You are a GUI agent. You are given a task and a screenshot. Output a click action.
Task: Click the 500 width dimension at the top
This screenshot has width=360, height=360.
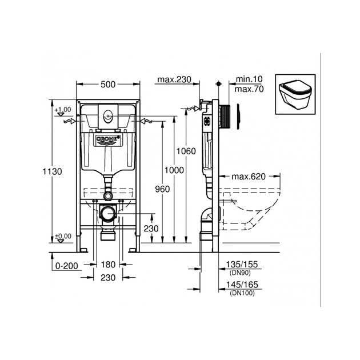point(108,85)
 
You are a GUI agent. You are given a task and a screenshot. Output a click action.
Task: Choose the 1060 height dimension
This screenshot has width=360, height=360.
point(187,151)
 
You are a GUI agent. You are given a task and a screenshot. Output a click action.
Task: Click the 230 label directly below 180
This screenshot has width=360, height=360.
point(108,277)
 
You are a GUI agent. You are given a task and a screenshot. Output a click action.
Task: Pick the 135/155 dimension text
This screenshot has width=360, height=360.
point(242,265)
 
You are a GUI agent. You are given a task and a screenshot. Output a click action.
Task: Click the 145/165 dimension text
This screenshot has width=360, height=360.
point(242,284)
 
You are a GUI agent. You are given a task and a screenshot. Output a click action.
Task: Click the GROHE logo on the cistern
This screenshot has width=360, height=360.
point(107,139)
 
